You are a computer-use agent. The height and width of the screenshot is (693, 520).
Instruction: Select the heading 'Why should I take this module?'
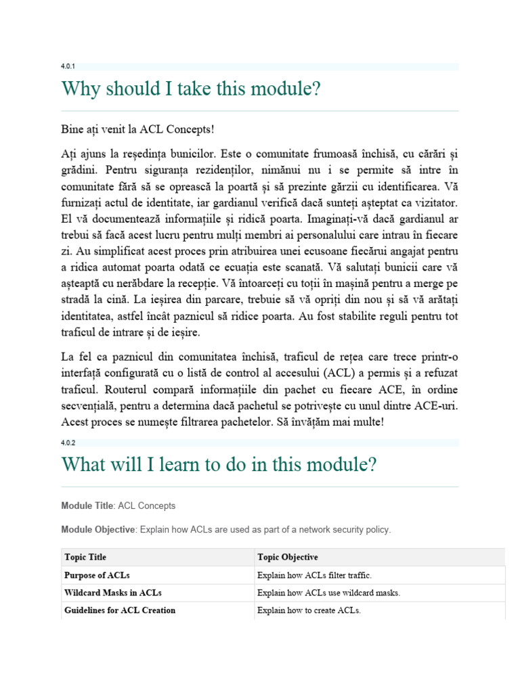point(190,89)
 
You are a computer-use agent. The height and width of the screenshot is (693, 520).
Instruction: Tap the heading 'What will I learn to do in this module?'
point(219,465)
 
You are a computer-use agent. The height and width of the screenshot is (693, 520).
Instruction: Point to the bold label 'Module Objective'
point(97,529)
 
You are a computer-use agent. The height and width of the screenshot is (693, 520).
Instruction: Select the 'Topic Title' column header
point(85,557)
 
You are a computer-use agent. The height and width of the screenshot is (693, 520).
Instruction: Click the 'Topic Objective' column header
point(287,557)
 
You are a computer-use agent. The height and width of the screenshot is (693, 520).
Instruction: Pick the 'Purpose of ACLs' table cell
point(97,575)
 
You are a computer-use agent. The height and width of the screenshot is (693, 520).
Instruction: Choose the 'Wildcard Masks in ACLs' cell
point(113,593)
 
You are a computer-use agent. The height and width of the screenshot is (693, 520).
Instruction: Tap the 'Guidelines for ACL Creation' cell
point(120,610)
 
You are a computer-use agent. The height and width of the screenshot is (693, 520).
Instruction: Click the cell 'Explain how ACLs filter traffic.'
point(314,575)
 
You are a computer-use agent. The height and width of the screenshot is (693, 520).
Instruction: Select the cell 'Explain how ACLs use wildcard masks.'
point(328,593)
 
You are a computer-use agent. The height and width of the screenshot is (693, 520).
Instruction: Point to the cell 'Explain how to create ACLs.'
point(309,610)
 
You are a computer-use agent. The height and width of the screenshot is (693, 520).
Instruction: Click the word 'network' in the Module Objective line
point(316,529)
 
